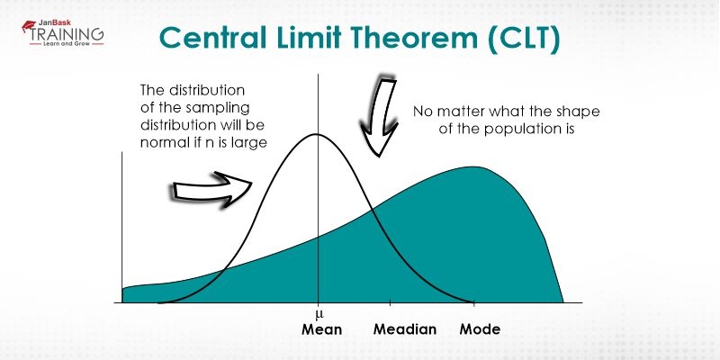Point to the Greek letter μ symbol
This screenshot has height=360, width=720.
pyautogui.click(x=318, y=314)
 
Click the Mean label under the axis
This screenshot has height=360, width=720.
pyautogui.click(x=321, y=329)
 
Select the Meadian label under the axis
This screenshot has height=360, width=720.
pyautogui.click(x=405, y=329)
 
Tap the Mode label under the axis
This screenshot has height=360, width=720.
pyautogui.click(x=480, y=329)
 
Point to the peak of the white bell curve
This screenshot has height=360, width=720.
pyautogui.click(x=317, y=135)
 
